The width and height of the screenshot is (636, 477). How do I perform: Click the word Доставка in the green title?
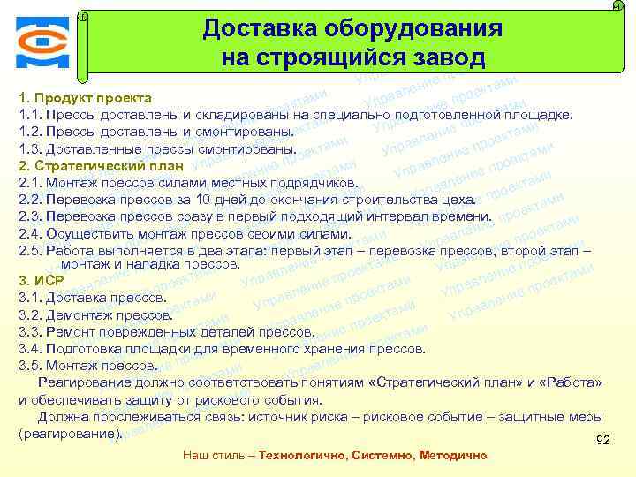245,28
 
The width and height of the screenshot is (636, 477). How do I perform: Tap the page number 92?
603,439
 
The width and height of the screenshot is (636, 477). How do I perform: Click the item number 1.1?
28,115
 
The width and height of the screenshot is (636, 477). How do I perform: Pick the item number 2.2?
29,200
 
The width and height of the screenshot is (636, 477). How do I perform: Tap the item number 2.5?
29,251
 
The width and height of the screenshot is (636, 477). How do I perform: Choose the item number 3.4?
29,349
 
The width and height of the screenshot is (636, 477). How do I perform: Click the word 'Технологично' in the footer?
300,456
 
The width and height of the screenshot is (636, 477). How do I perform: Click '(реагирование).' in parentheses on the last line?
70,434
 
